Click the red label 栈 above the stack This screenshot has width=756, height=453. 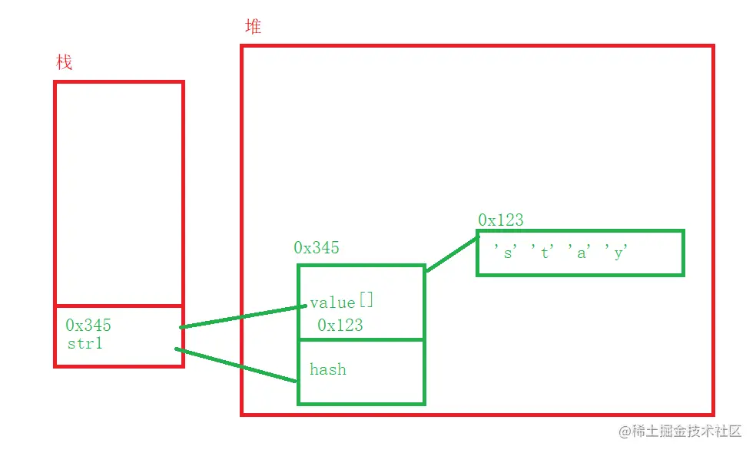point(65,62)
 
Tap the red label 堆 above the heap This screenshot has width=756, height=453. point(253,27)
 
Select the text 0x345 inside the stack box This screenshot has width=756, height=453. point(88,326)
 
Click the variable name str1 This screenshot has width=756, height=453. point(85,343)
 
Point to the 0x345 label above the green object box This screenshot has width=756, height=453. point(316,248)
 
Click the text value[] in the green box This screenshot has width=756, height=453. point(342,302)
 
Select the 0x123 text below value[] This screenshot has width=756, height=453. point(340,325)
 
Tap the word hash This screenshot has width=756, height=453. point(328,369)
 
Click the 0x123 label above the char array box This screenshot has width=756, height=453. point(500,220)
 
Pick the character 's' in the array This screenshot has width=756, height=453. point(507,252)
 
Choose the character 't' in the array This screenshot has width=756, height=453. point(544,252)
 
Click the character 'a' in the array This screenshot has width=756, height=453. point(582,252)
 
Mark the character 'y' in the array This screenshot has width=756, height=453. point(618,252)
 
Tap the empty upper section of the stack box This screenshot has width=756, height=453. point(119,192)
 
